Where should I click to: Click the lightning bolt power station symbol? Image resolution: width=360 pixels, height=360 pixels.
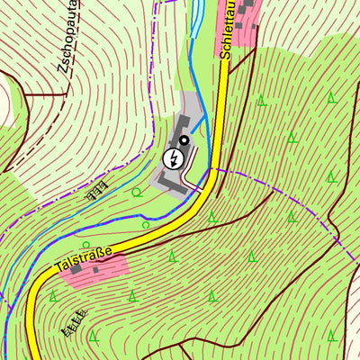click(171, 159)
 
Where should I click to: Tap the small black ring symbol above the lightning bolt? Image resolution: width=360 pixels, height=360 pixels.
click(184, 139)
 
